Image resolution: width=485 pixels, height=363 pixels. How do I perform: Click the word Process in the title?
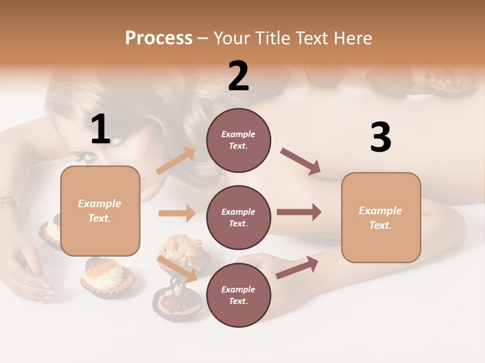[x=159, y=38]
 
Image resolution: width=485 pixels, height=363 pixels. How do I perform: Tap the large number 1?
[x=100, y=130]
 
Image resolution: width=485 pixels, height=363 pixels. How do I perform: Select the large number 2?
[x=238, y=76]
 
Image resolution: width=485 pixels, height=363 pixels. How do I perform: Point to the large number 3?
[x=380, y=138]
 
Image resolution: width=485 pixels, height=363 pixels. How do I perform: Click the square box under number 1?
[x=100, y=211]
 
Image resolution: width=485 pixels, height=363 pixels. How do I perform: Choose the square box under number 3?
[x=381, y=217]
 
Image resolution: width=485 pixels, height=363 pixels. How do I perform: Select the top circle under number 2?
[x=238, y=140]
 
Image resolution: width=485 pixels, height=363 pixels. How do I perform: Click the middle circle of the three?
[x=238, y=217]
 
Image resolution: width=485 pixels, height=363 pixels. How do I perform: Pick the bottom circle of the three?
[x=238, y=295]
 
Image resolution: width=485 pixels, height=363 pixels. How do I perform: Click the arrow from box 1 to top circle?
[x=176, y=161]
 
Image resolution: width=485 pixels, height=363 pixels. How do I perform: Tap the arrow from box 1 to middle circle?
[x=177, y=213]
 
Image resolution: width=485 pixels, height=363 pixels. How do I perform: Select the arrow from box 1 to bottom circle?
[x=177, y=269]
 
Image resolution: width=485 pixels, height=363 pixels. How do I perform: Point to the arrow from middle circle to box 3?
[x=299, y=212]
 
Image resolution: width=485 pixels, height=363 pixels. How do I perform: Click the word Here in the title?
[x=353, y=38]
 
